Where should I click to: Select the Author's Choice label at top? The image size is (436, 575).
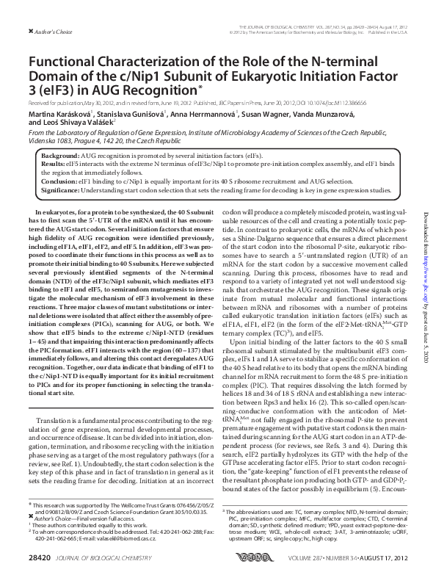pyautogui.click(x=37, y=30)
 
